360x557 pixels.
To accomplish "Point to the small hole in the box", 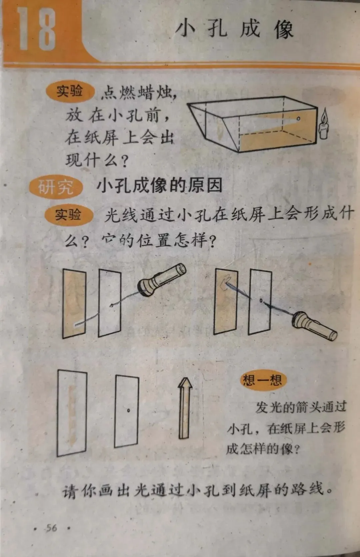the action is tap(298, 119).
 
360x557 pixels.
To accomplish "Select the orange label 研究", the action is tap(56, 187).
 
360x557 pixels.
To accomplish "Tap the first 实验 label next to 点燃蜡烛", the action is tap(70, 91).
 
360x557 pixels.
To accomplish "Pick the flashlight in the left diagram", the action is tap(162, 280).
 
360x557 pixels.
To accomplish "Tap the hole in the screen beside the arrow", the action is tap(129, 410).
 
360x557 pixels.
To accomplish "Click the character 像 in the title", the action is tap(284, 29).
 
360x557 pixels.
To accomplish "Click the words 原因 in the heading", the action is tap(205, 186).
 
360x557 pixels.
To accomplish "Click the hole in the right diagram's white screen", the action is tap(261, 301).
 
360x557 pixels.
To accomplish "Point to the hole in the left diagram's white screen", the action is tap(112, 305).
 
